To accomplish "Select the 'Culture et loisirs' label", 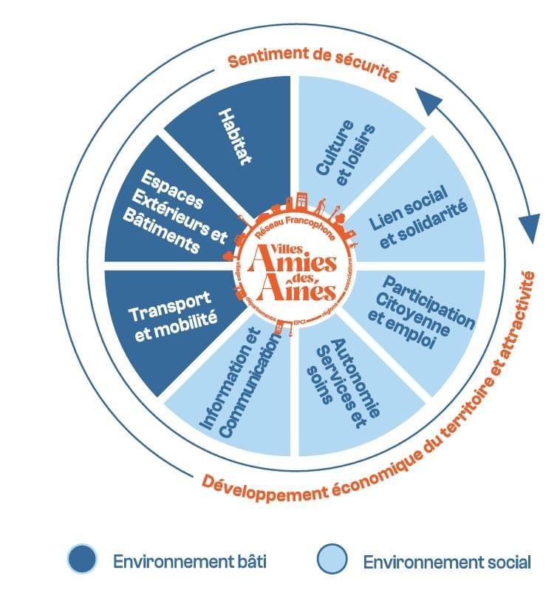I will (x=346, y=148).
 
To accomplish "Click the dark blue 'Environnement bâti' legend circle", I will (x=82, y=559).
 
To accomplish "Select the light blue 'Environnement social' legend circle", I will (x=332, y=559).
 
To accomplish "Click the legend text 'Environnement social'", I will (x=446, y=563).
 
